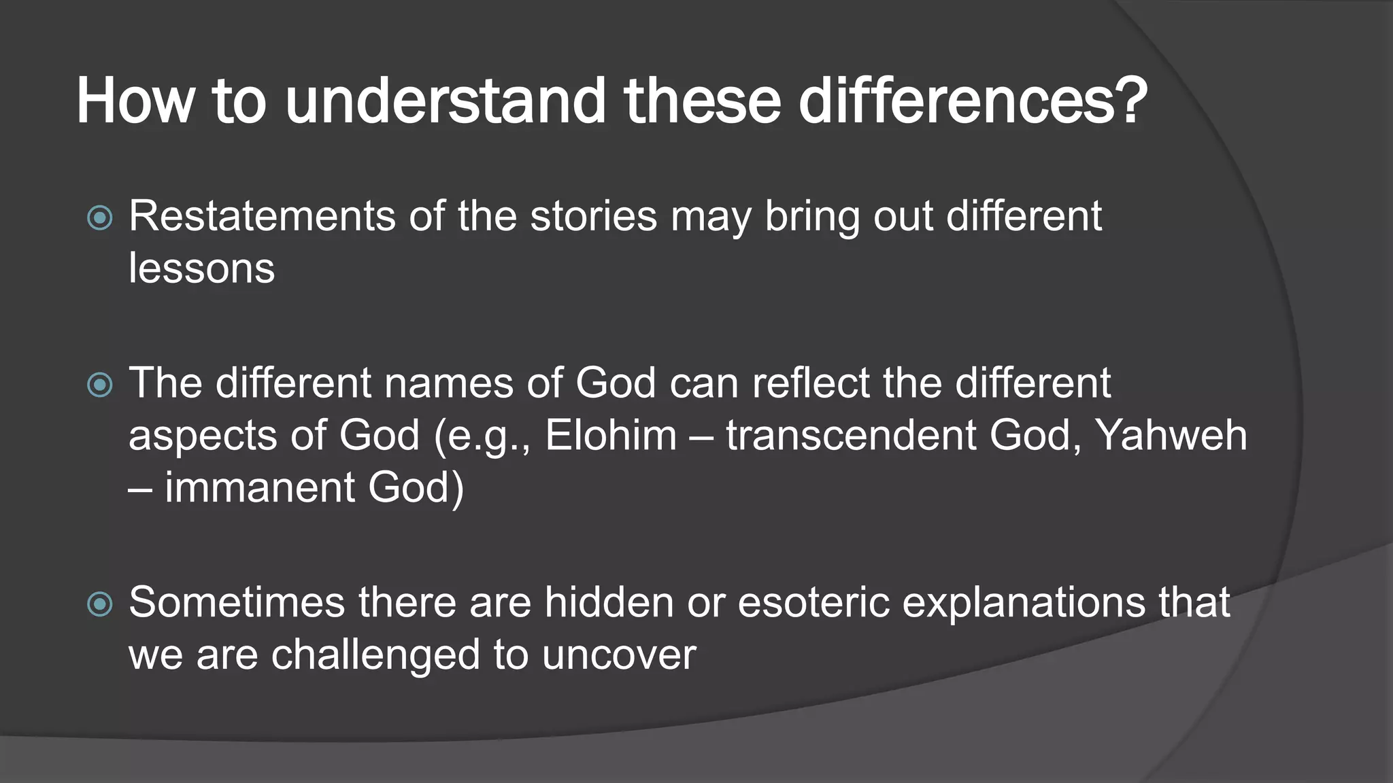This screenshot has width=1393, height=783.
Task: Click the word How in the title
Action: click(x=135, y=102)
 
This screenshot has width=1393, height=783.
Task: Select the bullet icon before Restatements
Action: click(x=101, y=218)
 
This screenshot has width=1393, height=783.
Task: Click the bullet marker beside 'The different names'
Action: click(x=101, y=385)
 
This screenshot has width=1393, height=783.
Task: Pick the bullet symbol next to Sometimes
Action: click(x=101, y=604)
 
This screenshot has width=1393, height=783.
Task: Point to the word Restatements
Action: click(x=263, y=217)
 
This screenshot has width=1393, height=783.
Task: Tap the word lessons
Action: click(x=202, y=268)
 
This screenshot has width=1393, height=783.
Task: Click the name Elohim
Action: click(x=611, y=436)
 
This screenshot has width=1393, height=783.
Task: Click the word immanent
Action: click(x=260, y=488)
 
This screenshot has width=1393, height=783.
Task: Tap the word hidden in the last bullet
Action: click(x=609, y=603)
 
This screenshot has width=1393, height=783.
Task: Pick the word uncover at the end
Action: click(x=619, y=655)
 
